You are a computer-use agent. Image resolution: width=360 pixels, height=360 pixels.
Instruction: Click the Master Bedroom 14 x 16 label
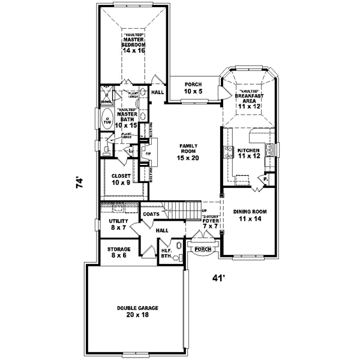pyautogui.click(x=134, y=44)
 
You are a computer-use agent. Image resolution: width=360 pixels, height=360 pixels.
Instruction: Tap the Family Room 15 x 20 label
pyautogui.click(x=187, y=151)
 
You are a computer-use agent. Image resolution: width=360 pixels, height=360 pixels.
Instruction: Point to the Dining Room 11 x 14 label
pyautogui.click(x=251, y=215)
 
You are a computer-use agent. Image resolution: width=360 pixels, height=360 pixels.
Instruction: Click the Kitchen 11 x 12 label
pyautogui.click(x=248, y=153)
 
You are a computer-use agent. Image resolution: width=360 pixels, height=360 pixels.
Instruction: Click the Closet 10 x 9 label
pyautogui.click(x=121, y=179)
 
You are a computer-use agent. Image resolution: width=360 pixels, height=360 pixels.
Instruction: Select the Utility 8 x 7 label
pyautogui.click(x=116, y=224)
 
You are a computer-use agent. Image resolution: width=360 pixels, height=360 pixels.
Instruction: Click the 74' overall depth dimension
pyautogui.click(x=80, y=182)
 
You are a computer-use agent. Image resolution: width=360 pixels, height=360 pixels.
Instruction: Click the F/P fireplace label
pyautogui.click(x=147, y=154)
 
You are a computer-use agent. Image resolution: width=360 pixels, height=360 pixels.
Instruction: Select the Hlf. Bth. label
pyautogui.click(x=166, y=253)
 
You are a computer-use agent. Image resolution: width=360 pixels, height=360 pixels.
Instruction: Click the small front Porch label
pyautogui.click(x=202, y=248)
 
